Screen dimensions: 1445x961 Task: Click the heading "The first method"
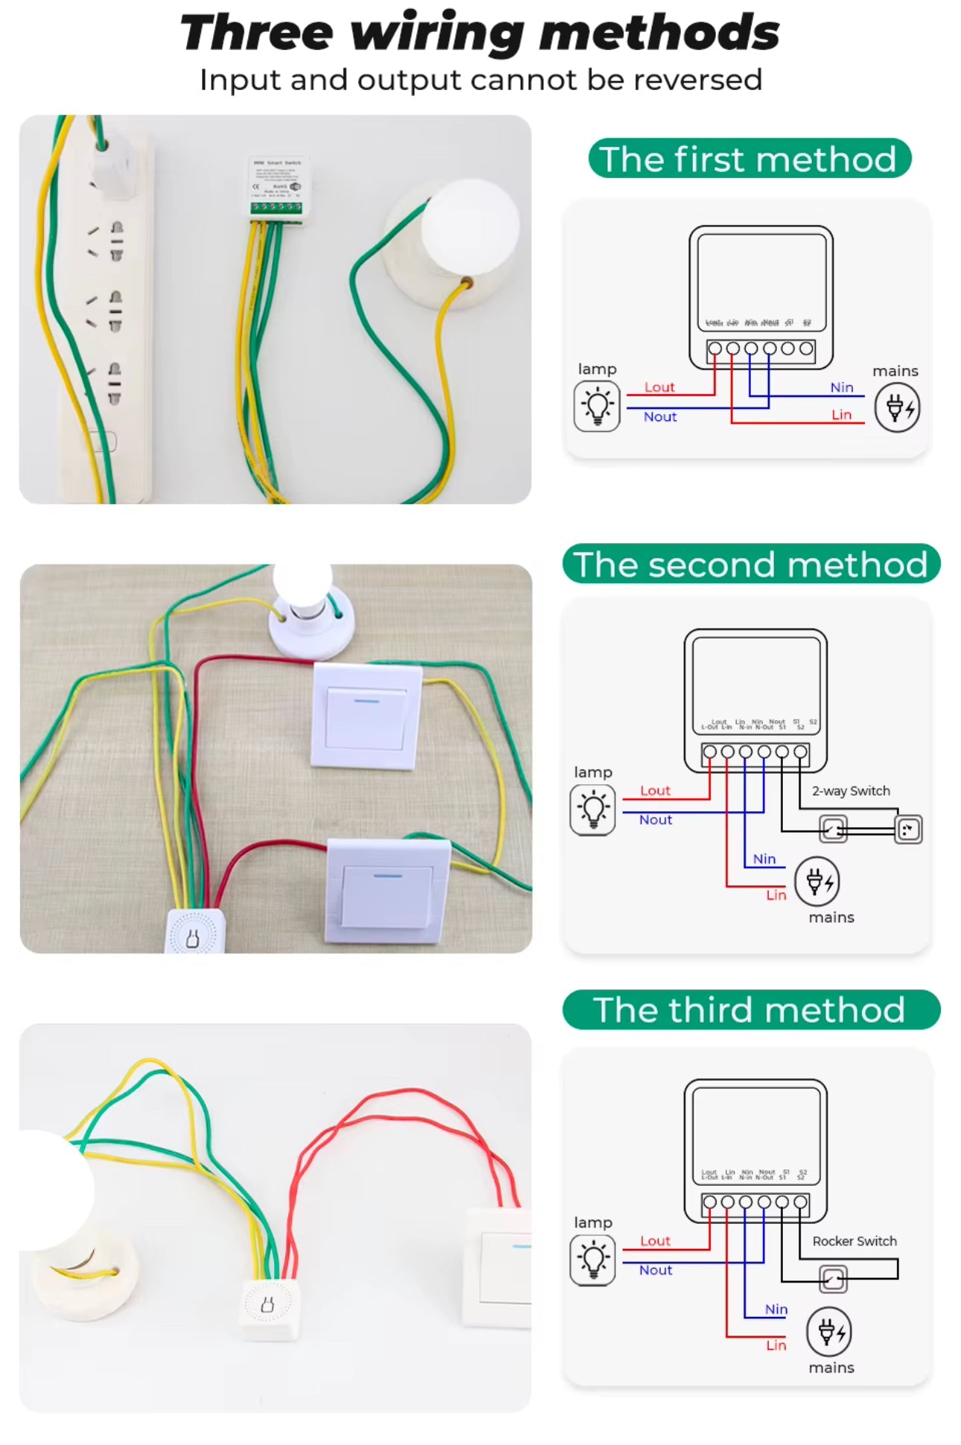tap(749, 159)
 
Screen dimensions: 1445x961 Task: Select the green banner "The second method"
tap(750, 564)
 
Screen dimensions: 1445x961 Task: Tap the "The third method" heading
tap(750, 1010)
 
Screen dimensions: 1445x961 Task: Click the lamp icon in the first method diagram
tap(597, 406)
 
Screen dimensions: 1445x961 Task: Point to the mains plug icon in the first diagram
tap(897, 407)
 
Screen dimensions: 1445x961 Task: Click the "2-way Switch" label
tap(851, 791)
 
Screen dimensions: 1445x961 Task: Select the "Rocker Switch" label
tap(854, 1241)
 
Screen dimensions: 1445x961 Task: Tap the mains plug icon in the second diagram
tap(816, 881)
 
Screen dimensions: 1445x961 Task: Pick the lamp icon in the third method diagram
tap(592, 1260)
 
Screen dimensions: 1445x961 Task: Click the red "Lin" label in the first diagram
tap(841, 415)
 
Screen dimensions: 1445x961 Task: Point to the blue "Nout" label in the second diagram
tap(656, 820)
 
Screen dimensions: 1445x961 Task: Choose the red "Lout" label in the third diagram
tap(656, 1241)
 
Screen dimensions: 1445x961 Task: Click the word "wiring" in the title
tap(437, 33)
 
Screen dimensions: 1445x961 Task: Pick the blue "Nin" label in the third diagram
tap(776, 1309)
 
